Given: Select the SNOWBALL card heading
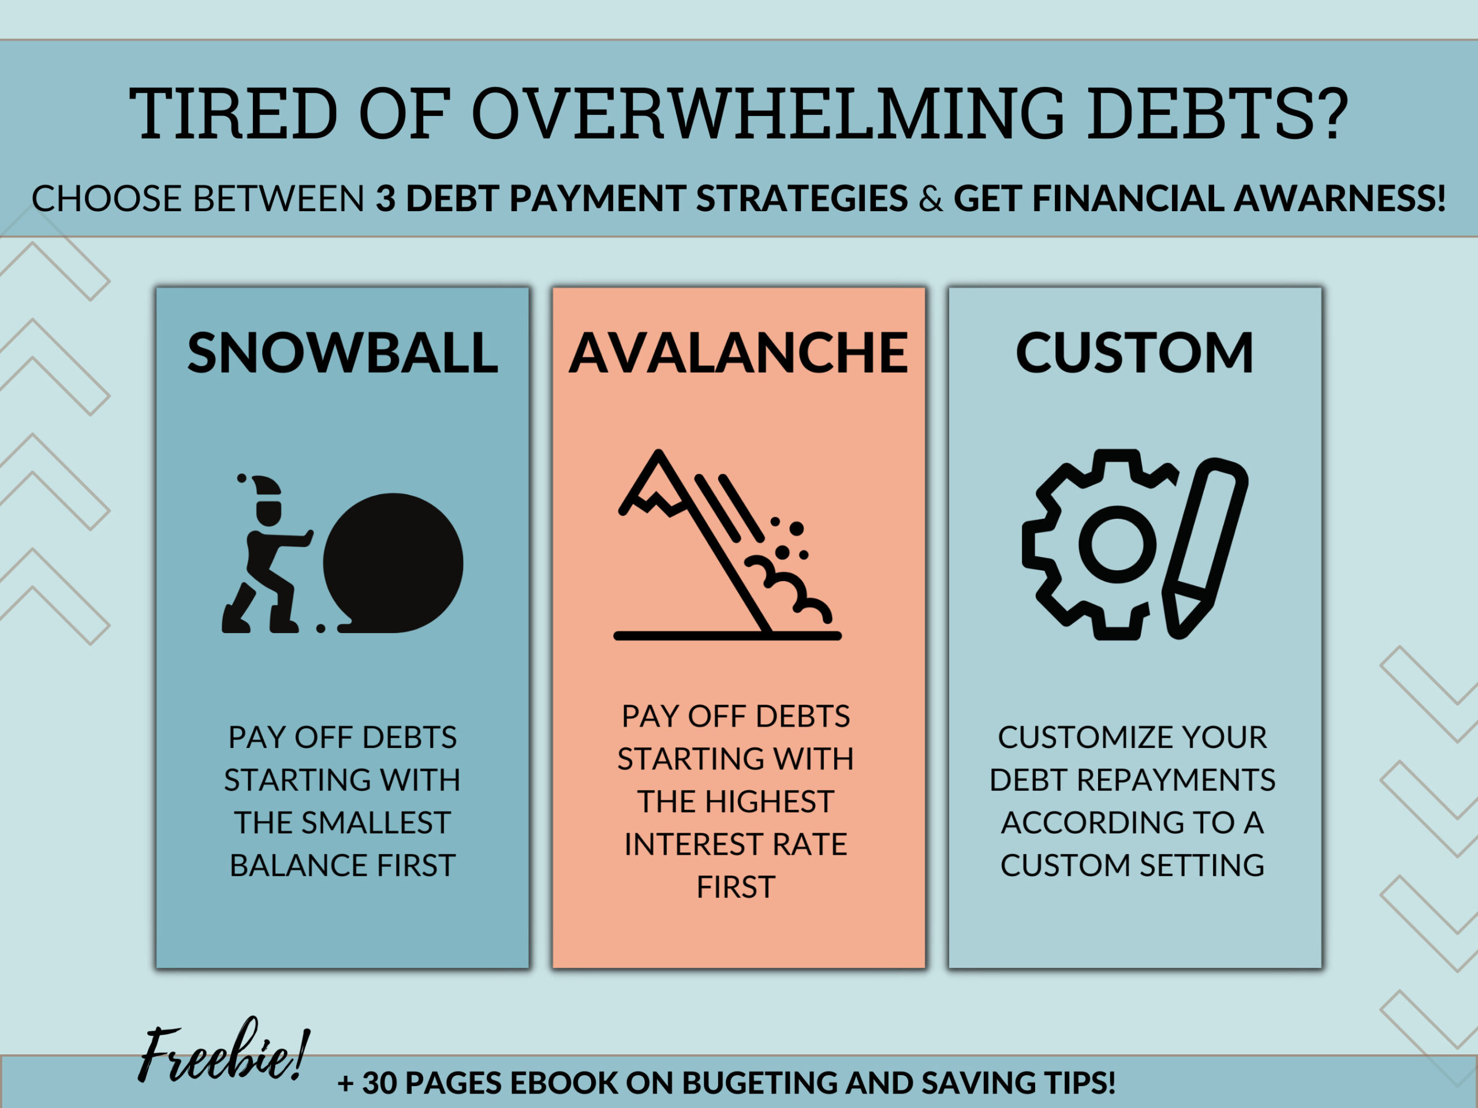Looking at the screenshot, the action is coord(343,353).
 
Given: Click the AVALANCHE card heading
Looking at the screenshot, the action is coord(738,353).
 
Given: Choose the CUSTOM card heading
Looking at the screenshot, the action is coord(1134,353).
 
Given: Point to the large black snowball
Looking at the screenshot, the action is coord(393,562).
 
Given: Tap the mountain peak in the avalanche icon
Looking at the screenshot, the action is coord(659,461).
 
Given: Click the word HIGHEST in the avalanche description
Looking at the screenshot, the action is coord(772,802).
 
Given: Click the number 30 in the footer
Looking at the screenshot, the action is coord(379,1083).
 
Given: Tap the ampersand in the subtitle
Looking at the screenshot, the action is coord(931,199).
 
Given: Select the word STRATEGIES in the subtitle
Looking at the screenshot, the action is coord(802,199).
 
